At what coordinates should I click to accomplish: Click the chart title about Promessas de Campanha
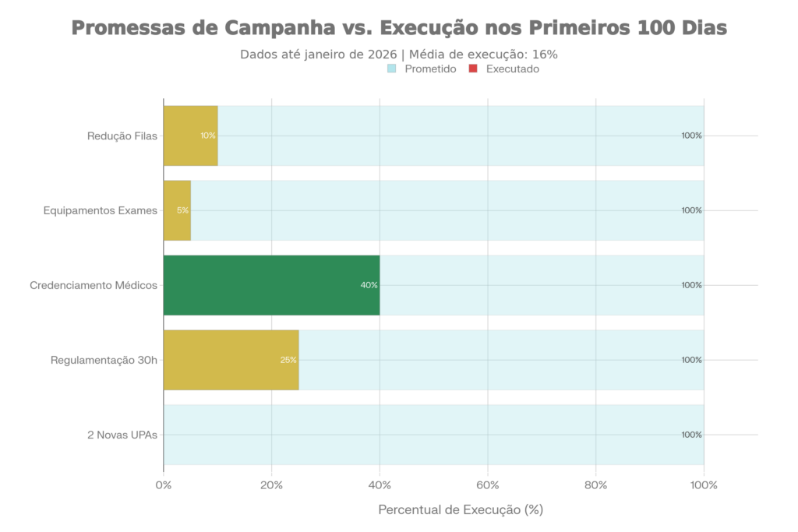[399, 29]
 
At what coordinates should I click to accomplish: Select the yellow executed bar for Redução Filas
[190, 136]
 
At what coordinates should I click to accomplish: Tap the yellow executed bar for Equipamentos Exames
[177, 210]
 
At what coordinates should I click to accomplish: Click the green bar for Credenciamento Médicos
[271, 285]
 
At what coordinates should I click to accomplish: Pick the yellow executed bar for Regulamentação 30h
[231, 360]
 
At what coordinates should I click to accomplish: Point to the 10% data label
[208, 136]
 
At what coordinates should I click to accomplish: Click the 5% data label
[183, 210]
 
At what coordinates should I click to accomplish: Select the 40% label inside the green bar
[369, 285]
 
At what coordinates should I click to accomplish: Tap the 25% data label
[288, 360]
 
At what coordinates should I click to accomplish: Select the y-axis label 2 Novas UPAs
[123, 435]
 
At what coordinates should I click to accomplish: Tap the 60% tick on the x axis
[488, 485]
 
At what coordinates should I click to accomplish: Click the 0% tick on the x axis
[164, 485]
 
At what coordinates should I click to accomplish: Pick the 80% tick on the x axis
[596, 485]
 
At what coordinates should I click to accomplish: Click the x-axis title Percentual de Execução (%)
[460, 510]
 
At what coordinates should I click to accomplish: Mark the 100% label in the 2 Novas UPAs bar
[691, 435]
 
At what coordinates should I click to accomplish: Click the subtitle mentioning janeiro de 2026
[399, 55]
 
